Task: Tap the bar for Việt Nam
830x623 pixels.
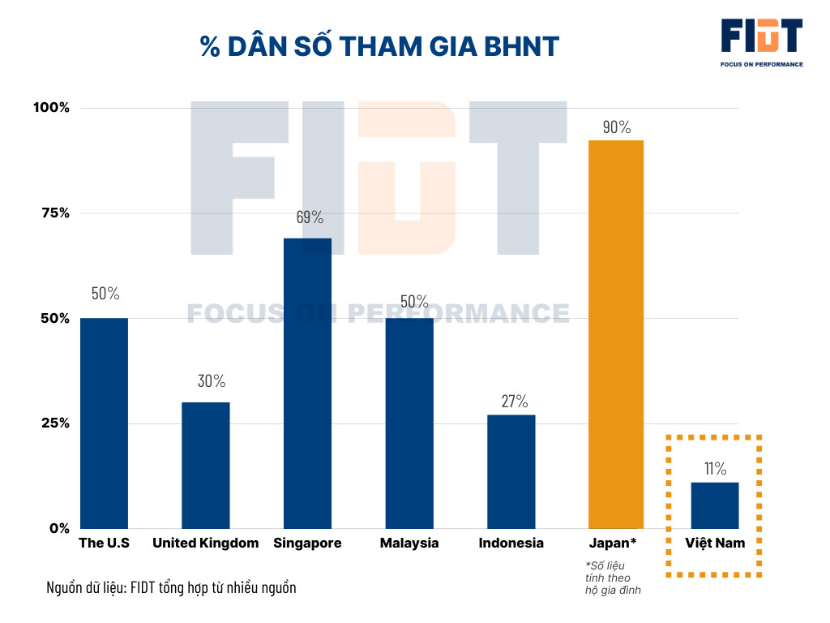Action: [x=715, y=505]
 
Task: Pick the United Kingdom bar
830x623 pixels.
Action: [x=205, y=465]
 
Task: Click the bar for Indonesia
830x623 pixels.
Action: [x=511, y=471]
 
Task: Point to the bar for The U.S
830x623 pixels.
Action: [x=104, y=423]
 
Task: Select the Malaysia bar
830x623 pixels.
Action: [x=409, y=423]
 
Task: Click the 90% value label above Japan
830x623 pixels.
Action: [x=616, y=127]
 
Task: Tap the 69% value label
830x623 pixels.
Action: [x=309, y=217]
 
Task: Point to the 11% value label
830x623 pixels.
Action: [x=715, y=468]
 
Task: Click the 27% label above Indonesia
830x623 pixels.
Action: [x=513, y=401]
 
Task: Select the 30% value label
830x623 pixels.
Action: [x=212, y=380]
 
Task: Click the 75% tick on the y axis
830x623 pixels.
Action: [x=54, y=213]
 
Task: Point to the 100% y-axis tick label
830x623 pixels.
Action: [x=51, y=108]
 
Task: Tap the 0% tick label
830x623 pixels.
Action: [x=59, y=529]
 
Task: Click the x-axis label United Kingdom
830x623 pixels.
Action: [x=205, y=544]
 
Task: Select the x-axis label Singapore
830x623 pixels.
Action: [x=307, y=544]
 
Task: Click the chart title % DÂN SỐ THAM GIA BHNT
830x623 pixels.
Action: [x=380, y=46]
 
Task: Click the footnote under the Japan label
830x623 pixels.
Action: [x=613, y=577]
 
